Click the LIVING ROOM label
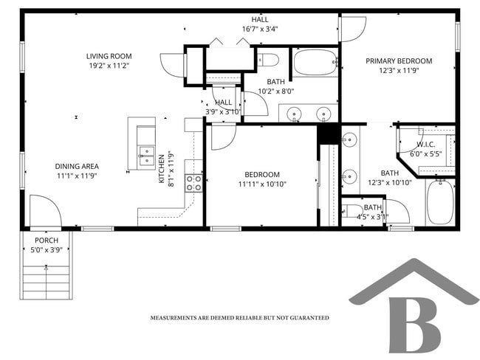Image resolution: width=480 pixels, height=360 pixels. (x=109, y=56)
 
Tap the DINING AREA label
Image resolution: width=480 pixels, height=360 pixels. (x=77, y=166)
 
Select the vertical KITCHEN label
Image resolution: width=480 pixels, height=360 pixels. (x=162, y=169)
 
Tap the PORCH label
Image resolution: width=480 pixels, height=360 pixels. (x=46, y=240)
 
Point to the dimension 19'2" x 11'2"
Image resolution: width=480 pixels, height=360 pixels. (x=109, y=66)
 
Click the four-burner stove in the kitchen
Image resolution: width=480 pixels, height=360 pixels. (x=193, y=182)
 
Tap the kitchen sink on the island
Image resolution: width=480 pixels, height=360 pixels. (x=145, y=155)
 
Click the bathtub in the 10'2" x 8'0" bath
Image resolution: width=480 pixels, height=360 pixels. (x=315, y=63)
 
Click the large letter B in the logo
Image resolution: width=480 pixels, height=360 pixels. (x=413, y=325)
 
